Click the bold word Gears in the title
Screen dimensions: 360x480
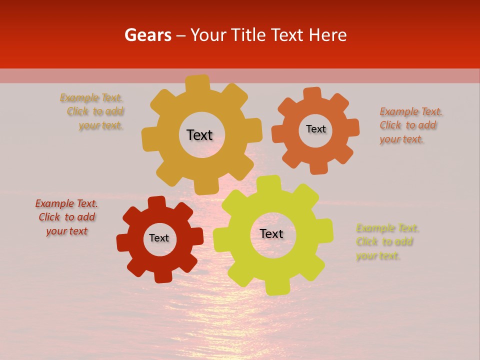(147, 35)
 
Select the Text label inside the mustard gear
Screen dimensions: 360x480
(199, 135)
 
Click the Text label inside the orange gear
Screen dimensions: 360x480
(315, 129)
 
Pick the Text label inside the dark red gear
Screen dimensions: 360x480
(159, 238)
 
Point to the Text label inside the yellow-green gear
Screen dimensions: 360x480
(271, 233)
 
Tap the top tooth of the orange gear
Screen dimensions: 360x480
(312, 94)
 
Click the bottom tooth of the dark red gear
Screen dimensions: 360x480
(162, 275)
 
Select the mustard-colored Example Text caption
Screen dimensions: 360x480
(93, 111)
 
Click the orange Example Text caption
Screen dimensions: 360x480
(410, 125)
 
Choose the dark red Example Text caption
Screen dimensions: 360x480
(66, 217)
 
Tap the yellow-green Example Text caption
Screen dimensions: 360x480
(387, 242)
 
